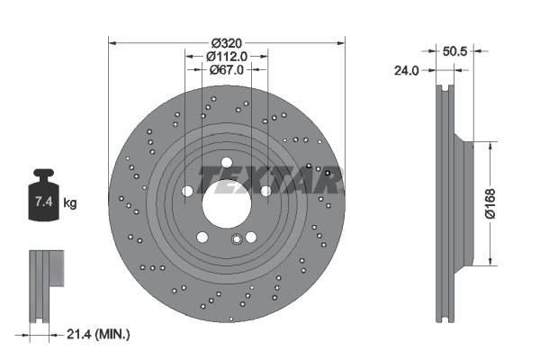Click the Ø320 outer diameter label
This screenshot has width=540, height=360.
coord(228,42)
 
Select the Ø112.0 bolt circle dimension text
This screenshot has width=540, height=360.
coord(228,56)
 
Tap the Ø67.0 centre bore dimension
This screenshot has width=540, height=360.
coord(228,69)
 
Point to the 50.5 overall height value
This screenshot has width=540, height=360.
coord(455,52)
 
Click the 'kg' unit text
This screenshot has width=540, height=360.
coord(70,203)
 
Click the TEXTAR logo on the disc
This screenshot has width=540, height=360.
coord(270,181)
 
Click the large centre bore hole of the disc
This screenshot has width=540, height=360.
coord(227,203)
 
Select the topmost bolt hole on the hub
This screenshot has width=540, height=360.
coord(227,163)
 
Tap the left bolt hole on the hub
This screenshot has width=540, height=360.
coord(187,191)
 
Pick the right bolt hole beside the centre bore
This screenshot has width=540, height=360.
coord(266,191)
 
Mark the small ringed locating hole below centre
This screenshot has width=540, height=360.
coord(238,239)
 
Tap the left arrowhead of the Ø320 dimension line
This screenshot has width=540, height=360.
coord(112,41)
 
